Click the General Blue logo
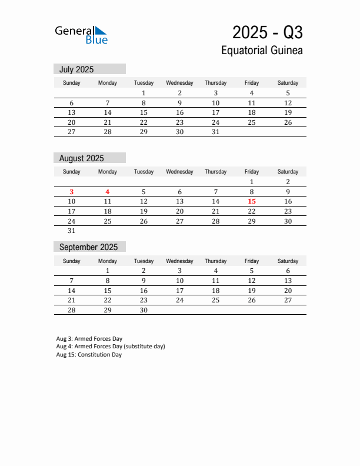(x=81, y=35)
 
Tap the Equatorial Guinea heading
(x=262, y=51)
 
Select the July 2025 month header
(x=76, y=69)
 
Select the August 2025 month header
(x=81, y=158)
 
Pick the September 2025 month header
(x=88, y=247)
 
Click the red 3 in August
(x=72, y=192)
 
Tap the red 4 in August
(x=108, y=192)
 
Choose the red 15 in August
(x=252, y=201)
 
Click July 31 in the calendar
(x=215, y=132)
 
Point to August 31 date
(x=72, y=231)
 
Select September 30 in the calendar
(x=144, y=310)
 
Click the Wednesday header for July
(x=179, y=83)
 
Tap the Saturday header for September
(x=288, y=261)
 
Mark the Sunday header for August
(x=72, y=172)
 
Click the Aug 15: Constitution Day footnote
(x=89, y=355)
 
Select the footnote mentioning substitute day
(x=111, y=347)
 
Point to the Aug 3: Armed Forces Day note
(x=89, y=339)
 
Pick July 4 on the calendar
(x=252, y=93)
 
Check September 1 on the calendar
(x=108, y=271)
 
